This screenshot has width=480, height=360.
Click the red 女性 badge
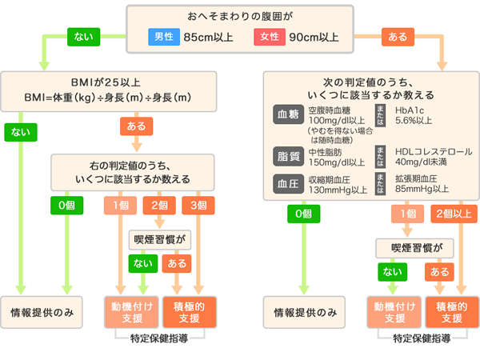pyautogui.click(x=270, y=37)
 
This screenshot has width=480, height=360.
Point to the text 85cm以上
pyautogui.click(x=207, y=37)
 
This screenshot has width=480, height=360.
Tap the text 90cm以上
pyautogui.click(x=313, y=37)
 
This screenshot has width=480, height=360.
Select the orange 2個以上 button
pyautogui.click(x=451, y=213)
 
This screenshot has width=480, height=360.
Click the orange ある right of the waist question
pyautogui.click(x=398, y=37)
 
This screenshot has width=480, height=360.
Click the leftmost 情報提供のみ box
pyautogui.click(x=47, y=312)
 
